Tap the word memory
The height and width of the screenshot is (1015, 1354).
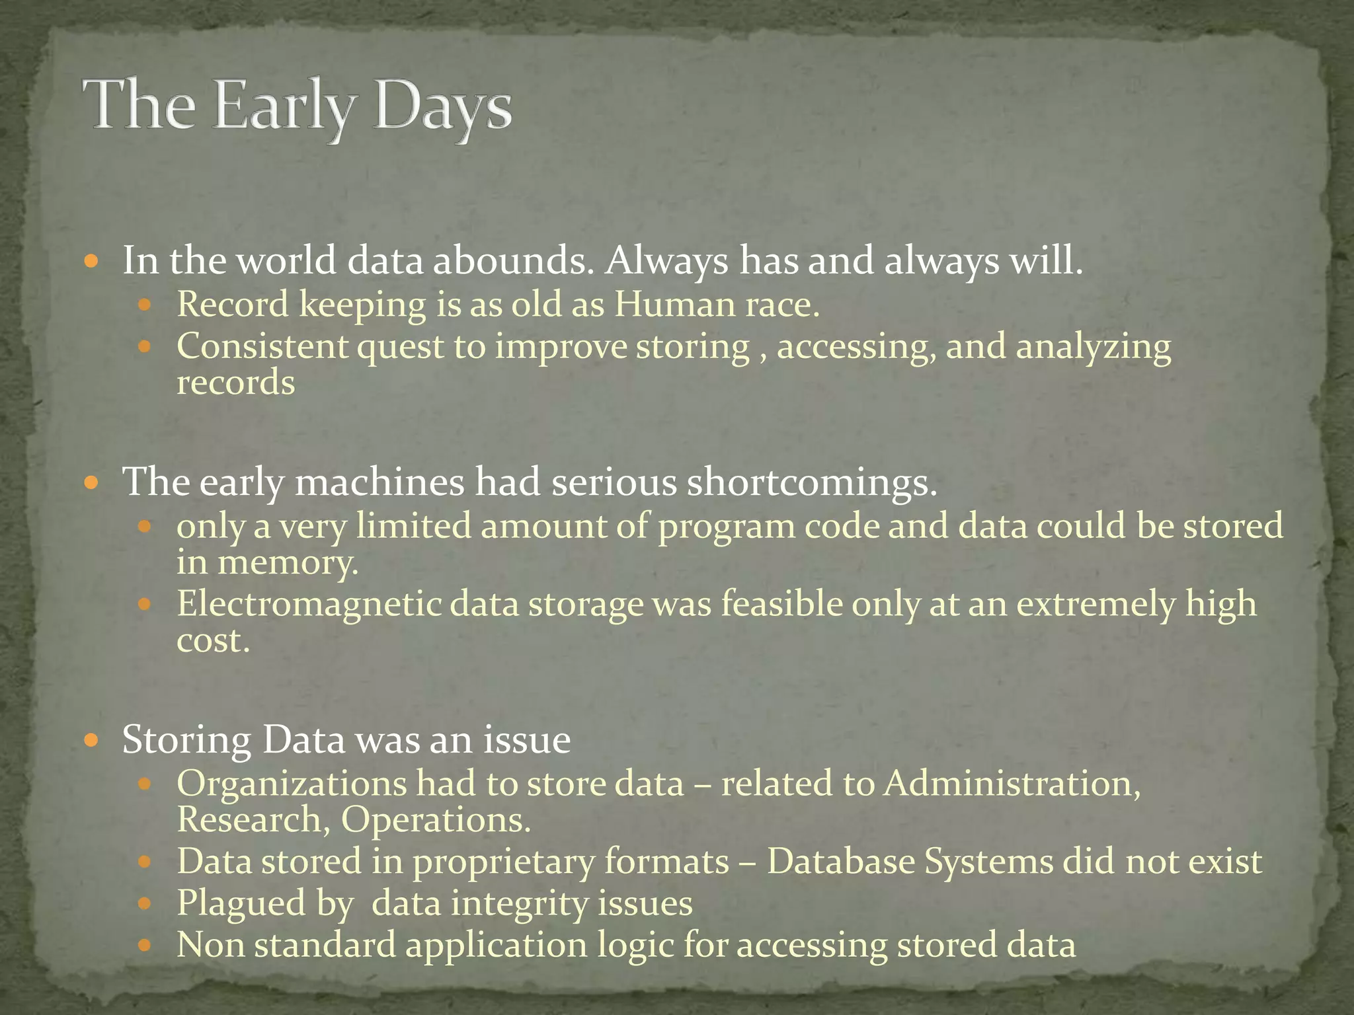click(288, 563)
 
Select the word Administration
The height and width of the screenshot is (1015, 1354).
click(1012, 784)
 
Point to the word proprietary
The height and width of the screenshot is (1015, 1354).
click(503, 862)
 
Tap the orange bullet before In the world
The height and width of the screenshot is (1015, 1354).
click(92, 262)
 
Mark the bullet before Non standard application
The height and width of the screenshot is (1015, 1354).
click(145, 946)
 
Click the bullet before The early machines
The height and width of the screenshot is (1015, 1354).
click(92, 482)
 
